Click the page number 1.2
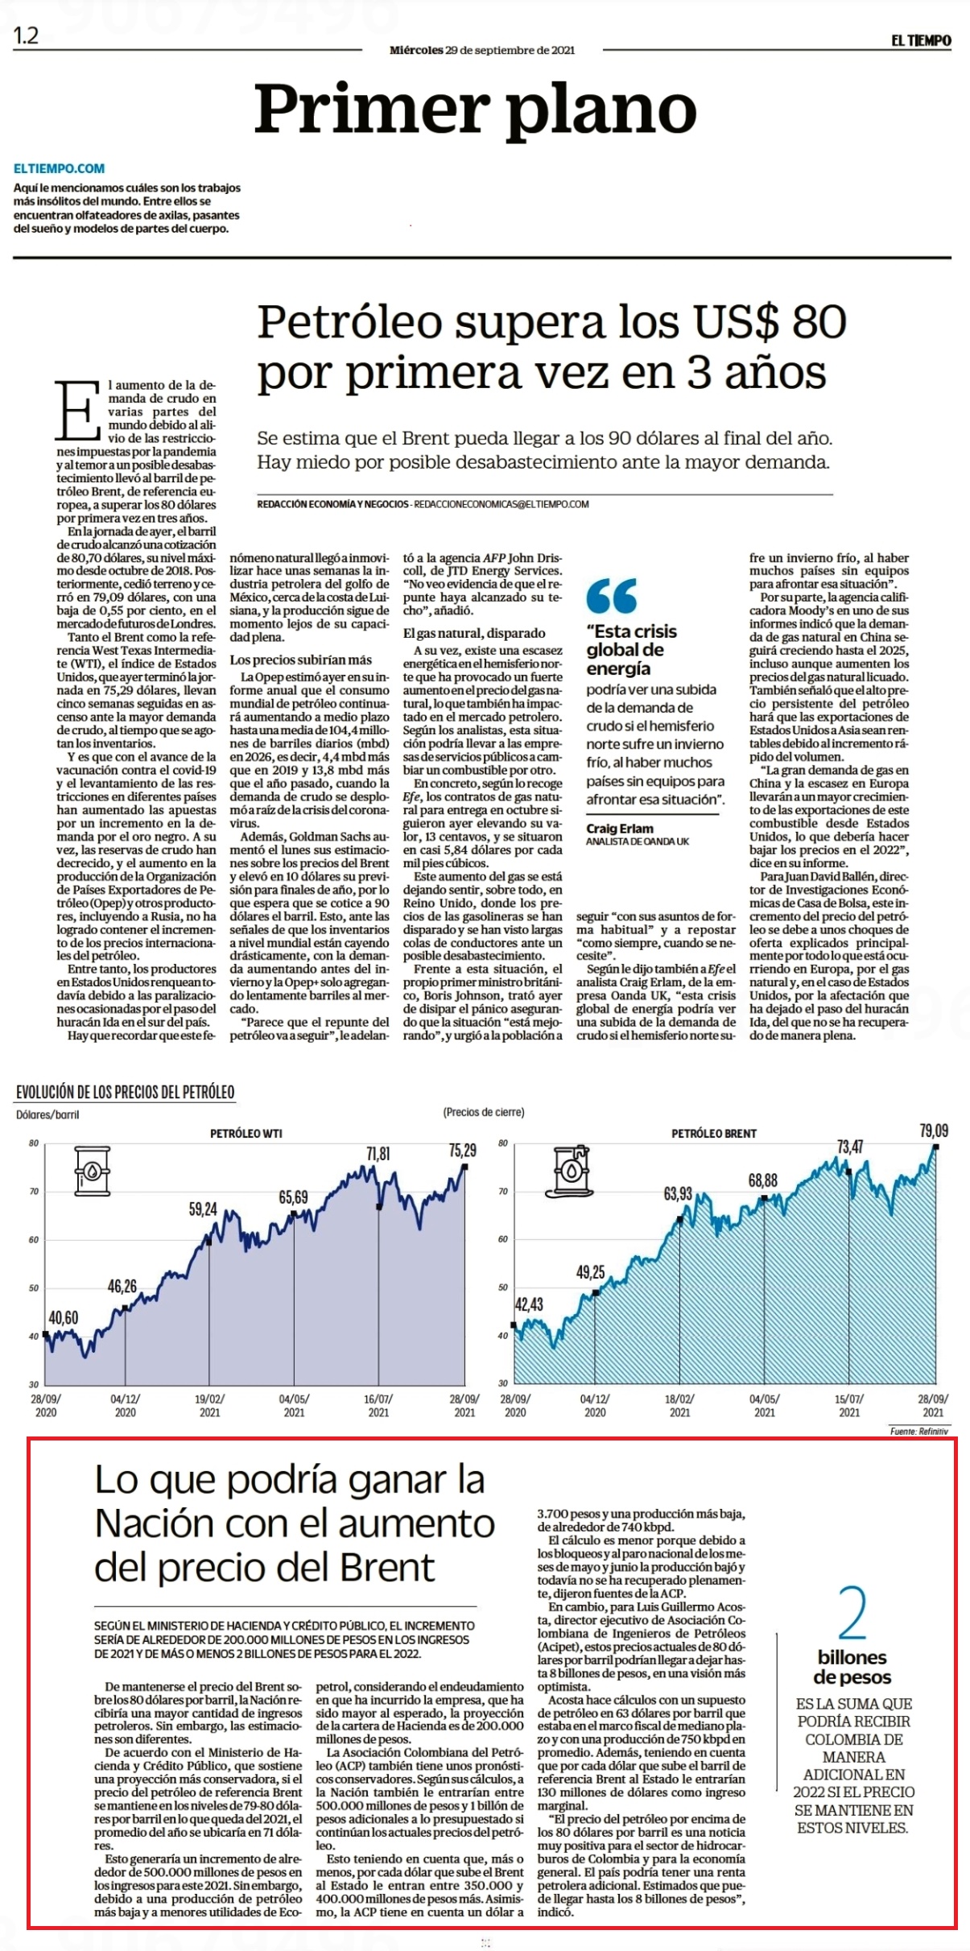click(27, 36)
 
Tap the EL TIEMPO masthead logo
click(921, 40)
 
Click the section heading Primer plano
click(476, 110)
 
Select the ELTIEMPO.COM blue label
click(60, 168)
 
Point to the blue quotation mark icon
click(612, 596)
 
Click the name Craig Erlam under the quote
click(620, 829)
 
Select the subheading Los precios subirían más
click(301, 659)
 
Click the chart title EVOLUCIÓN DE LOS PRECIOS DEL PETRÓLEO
click(126, 1092)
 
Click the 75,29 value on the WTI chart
click(462, 1151)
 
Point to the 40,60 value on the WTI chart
click(64, 1317)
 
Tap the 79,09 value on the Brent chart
click(934, 1131)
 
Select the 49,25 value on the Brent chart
click(590, 1272)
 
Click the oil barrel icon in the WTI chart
click(92, 1171)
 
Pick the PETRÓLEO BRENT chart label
click(714, 1133)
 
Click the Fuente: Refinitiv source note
click(919, 1431)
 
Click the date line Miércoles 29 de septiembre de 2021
click(482, 50)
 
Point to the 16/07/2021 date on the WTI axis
click(378, 1405)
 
